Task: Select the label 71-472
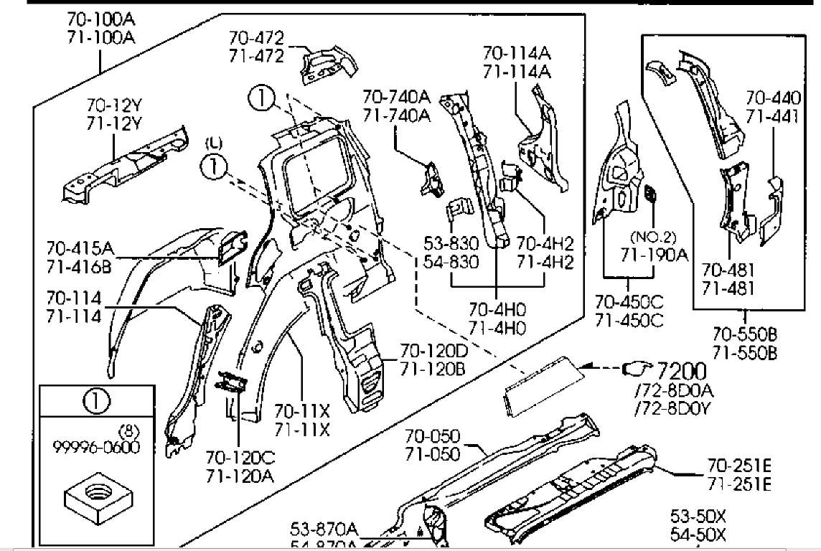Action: click(256, 55)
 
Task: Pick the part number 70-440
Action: click(771, 98)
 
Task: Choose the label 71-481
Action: click(728, 287)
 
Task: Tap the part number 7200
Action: click(680, 371)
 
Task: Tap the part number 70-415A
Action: click(80, 248)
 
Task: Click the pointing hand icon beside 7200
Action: click(635, 369)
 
